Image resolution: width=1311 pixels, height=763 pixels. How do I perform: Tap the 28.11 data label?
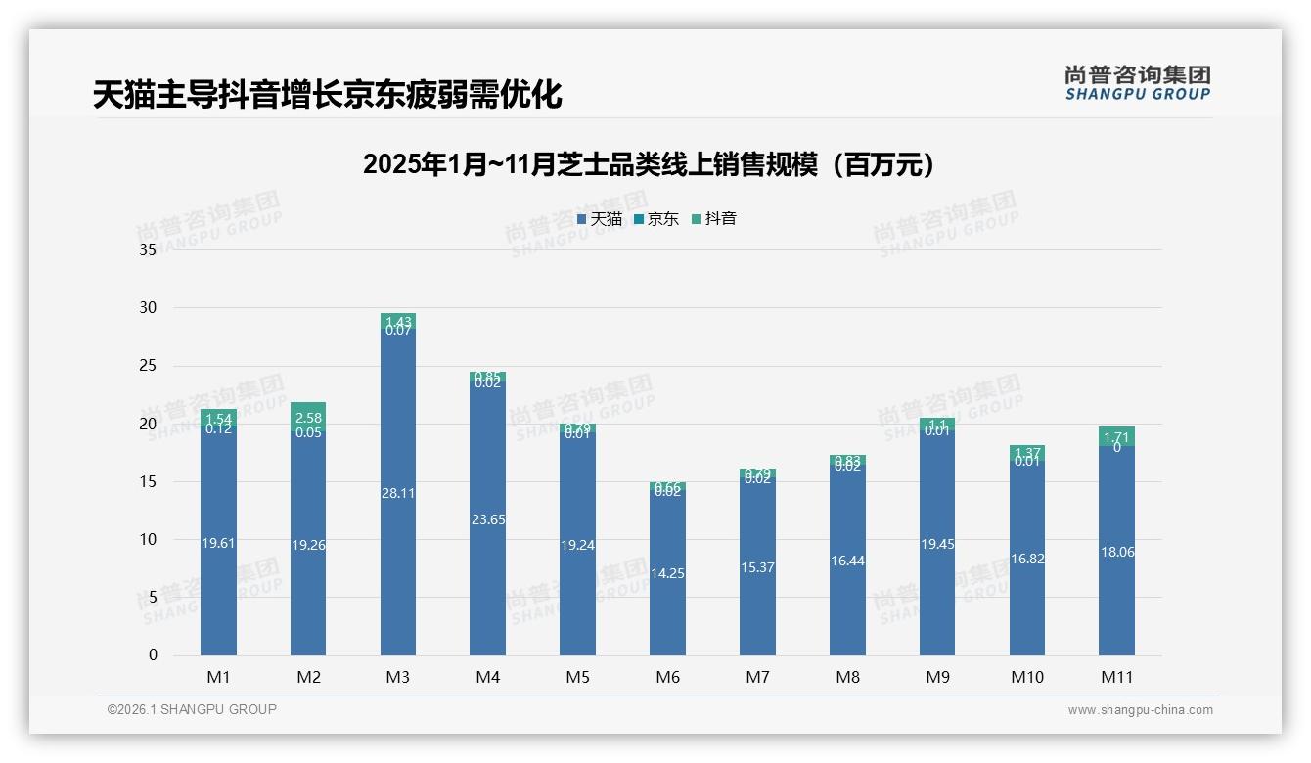(x=398, y=493)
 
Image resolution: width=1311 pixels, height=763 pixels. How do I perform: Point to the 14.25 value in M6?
(x=667, y=573)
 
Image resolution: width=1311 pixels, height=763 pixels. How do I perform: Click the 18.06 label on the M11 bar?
(x=1116, y=552)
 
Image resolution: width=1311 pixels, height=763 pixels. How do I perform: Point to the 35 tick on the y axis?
(x=148, y=250)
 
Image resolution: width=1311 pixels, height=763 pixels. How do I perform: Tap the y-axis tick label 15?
(x=148, y=481)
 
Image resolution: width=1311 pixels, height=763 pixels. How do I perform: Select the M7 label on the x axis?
(x=757, y=677)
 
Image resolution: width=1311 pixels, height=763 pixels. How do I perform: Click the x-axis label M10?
(x=1027, y=677)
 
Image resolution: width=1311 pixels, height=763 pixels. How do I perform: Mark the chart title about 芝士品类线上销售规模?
(x=649, y=164)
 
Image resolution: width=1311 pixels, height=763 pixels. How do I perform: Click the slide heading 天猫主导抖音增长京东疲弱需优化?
(x=327, y=95)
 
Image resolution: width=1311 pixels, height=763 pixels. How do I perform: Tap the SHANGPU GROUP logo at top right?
(x=1137, y=83)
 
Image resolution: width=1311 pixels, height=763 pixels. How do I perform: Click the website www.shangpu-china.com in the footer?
(x=1140, y=710)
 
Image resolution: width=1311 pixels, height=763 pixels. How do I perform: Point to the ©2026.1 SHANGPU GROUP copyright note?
(x=192, y=709)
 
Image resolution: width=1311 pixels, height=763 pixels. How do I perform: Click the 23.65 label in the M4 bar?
(x=488, y=519)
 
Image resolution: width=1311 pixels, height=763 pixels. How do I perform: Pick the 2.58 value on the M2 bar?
(x=308, y=418)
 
